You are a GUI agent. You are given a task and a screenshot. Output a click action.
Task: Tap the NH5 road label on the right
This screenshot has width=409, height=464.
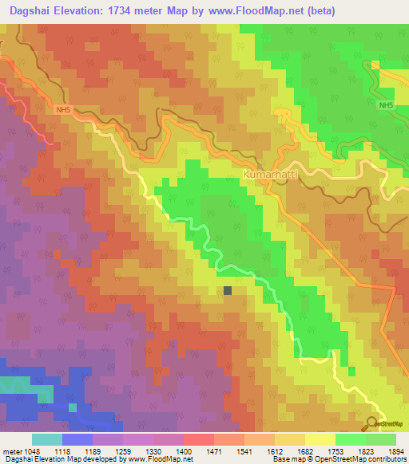[387, 105]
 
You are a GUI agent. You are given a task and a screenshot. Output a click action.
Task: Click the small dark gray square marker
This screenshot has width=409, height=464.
[228, 291]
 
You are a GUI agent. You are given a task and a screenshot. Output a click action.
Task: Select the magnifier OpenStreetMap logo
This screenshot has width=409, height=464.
[372, 423]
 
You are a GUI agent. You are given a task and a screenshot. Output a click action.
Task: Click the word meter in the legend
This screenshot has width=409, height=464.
[11, 450]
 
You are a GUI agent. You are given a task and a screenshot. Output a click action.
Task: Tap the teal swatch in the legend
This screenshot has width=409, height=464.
[47, 439]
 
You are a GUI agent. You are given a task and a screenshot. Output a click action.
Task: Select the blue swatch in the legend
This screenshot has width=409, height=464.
[77, 439]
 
